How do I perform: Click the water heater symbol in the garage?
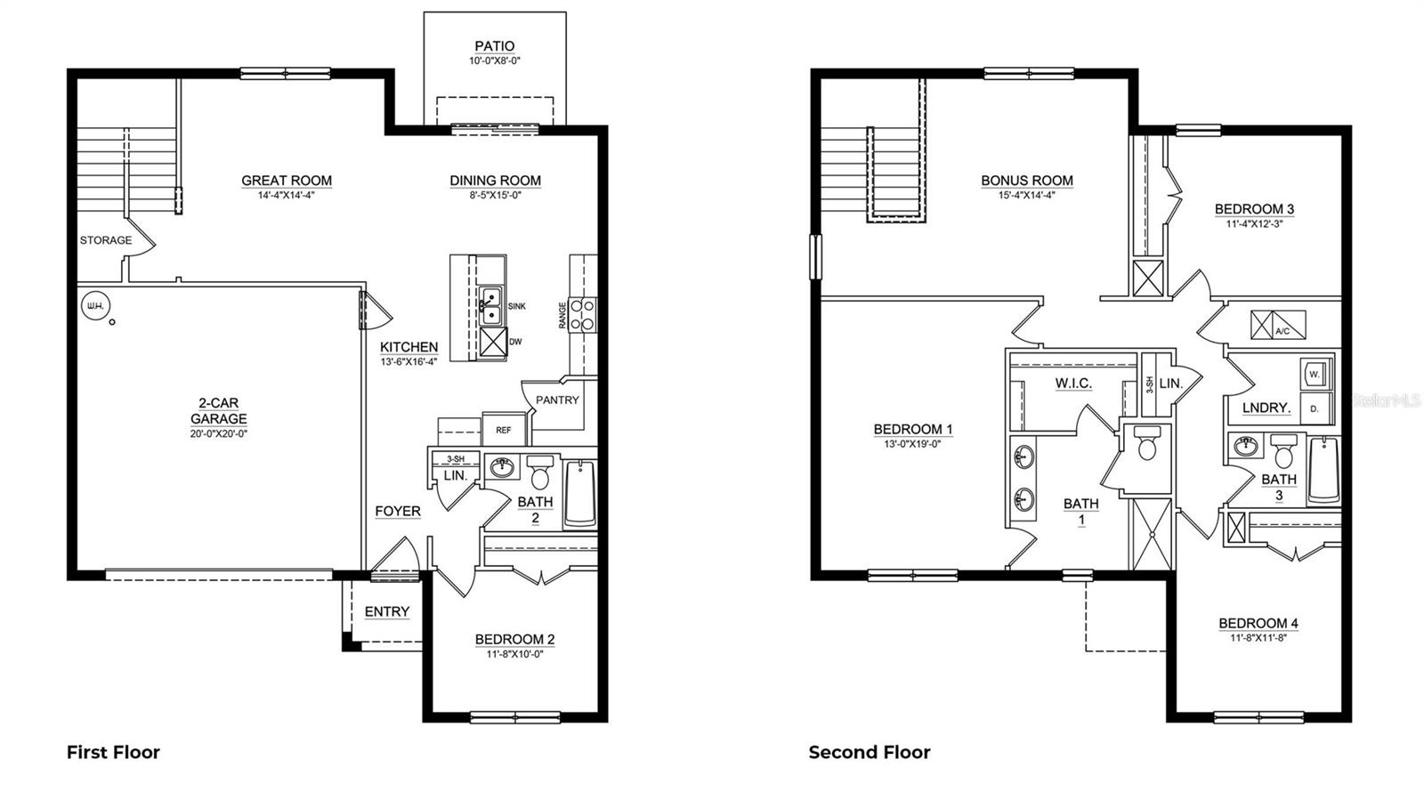point(93,307)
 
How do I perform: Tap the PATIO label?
point(494,46)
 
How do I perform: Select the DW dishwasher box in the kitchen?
point(493,342)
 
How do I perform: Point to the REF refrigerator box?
point(504,430)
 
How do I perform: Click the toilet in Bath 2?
point(540,472)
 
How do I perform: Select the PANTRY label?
point(557,400)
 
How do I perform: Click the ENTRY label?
point(387,611)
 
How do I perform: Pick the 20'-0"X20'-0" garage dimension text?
point(218,434)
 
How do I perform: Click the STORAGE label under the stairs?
point(106,240)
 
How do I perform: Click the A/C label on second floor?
point(1282,331)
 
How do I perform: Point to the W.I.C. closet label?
point(1073,384)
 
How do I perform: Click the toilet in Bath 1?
point(1146,445)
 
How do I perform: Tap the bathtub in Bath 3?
point(1324,471)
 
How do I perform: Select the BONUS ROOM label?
point(1027,181)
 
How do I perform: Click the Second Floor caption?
point(870,753)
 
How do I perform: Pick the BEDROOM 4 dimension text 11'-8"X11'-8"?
point(1258,637)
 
